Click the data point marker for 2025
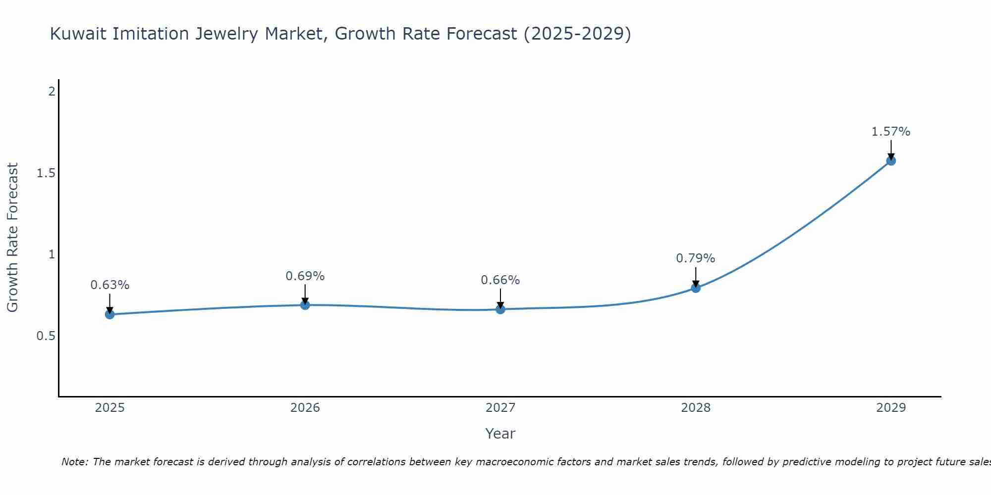click(x=110, y=314)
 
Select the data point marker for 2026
click(x=305, y=305)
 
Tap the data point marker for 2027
click(x=500, y=309)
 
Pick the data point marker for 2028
click(x=696, y=288)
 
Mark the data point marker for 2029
click(x=891, y=161)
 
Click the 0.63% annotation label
click(x=110, y=285)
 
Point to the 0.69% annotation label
click(x=305, y=276)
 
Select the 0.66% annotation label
click(x=500, y=280)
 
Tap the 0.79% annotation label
click(x=696, y=258)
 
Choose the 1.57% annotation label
click(x=891, y=132)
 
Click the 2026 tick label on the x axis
click(x=305, y=408)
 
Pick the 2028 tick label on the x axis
click(x=696, y=408)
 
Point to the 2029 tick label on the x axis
click(x=891, y=408)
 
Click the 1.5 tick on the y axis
click(x=46, y=173)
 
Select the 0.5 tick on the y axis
click(x=46, y=336)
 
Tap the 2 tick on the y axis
click(x=52, y=92)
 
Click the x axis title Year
click(x=500, y=434)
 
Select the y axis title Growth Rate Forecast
click(x=13, y=238)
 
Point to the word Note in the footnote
click(x=74, y=462)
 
